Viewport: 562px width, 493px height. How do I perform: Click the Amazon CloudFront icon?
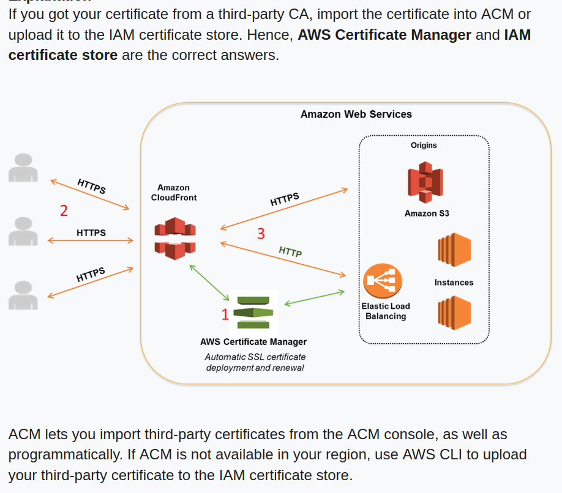(x=175, y=239)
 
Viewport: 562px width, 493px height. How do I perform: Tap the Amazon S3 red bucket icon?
(x=425, y=182)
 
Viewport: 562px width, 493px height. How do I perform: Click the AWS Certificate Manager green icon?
(x=254, y=313)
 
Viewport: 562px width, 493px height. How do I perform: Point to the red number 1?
(x=225, y=314)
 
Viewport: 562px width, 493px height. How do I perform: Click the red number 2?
(x=64, y=211)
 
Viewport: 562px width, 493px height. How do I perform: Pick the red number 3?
(x=261, y=234)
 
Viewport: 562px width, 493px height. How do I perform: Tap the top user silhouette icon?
(x=23, y=168)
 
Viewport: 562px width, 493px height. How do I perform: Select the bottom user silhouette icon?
(x=23, y=295)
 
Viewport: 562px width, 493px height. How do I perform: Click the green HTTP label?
(x=290, y=251)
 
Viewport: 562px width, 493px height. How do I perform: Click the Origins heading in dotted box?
(x=424, y=146)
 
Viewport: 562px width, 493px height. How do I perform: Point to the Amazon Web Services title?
(x=356, y=114)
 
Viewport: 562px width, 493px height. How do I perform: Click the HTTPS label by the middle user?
(x=91, y=233)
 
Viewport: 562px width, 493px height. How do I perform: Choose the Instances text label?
(x=454, y=283)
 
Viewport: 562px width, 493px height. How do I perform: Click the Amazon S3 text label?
(x=427, y=213)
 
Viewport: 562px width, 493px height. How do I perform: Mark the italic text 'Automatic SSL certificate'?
(x=255, y=357)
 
